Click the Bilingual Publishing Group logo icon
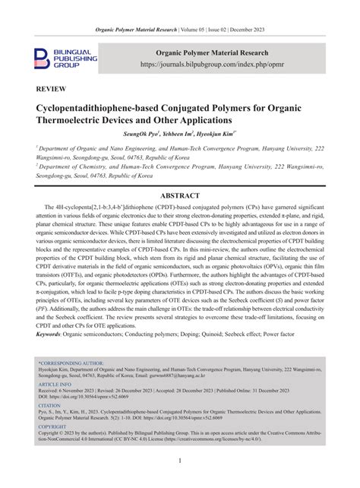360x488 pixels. point(43,59)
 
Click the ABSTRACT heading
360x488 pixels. point(179,195)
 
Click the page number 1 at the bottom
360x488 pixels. point(179,461)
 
